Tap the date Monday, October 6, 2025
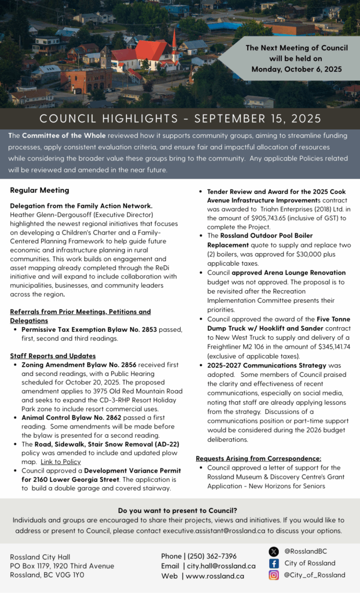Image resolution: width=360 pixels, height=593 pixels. click(x=296, y=69)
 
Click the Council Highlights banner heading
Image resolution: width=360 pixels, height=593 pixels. click(x=180, y=119)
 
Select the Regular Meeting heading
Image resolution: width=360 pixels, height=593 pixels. click(x=39, y=190)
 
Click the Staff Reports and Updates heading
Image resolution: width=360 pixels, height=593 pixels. click(x=53, y=356)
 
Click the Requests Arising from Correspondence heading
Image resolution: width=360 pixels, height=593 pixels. click(x=258, y=458)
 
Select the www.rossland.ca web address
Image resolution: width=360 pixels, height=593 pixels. click(x=215, y=576)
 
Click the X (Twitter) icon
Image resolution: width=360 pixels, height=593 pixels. click(x=274, y=552)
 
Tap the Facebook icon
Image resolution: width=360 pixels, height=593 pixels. click(x=274, y=563)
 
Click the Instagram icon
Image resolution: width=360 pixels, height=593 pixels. click(x=274, y=575)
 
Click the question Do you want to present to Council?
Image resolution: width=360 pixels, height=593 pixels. click(x=178, y=510)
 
